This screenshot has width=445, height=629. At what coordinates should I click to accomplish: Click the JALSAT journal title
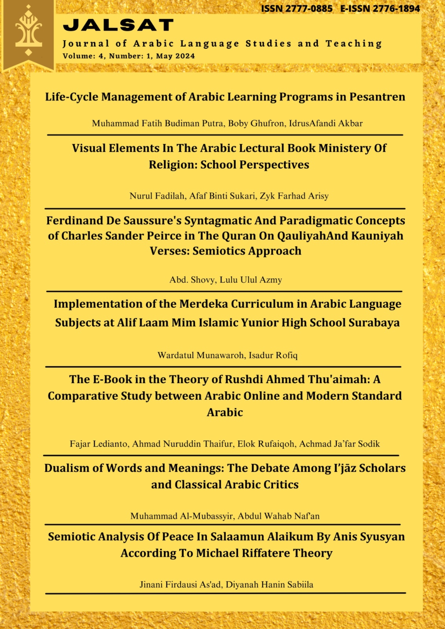pos(118,25)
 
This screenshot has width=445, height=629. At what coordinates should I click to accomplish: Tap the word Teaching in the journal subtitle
pos(354,44)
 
